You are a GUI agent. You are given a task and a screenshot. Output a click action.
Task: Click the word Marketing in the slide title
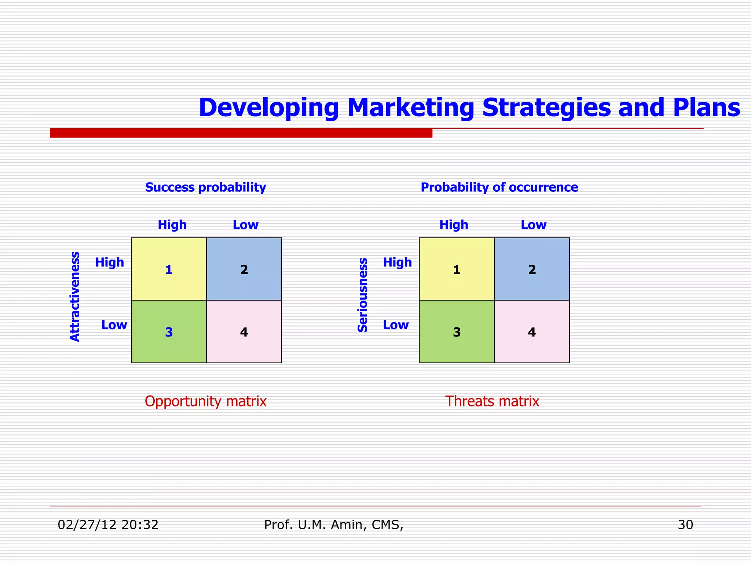pyautogui.click(x=410, y=108)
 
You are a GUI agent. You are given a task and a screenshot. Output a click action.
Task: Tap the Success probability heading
pyautogui.click(x=205, y=187)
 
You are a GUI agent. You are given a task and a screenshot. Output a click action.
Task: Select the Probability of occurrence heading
pyautogui.click(x=499, y=187)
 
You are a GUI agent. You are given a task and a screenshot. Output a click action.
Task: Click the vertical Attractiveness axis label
pyautogui.click(x=75, y=297)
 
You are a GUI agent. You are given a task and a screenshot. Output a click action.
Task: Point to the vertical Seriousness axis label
pyautogui.click(x=362, y=295)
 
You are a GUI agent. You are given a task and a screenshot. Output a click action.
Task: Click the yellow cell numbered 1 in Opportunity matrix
pyautogui.click(x=169, y=269)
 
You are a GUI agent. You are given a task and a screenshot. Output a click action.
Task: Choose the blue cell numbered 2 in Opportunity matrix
pyautogui.click(x=244, y=269)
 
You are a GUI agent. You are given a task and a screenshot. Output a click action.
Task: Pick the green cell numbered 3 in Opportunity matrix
pyautogui.click(x=169, y=332)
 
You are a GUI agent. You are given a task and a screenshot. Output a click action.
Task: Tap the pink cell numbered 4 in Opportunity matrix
pyautogui.click(x=244, y=332)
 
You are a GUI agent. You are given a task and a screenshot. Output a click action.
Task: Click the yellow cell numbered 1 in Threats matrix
pyautogui.click(x=457, y=269)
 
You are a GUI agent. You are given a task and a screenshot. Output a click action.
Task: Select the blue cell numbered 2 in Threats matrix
pyautogui.click(x=532, y=269)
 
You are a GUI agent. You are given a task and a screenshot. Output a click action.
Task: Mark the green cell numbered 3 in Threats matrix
pyautogui.click(x=457, y=332)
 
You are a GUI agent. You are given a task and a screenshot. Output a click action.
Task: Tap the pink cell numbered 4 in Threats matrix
pyautogui.click(x=532, y=332)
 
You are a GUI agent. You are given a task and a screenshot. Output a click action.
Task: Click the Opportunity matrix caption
pyautogui.click(x=205, y=401)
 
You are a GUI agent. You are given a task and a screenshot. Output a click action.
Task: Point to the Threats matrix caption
pyautogui.click(x=492, y=401)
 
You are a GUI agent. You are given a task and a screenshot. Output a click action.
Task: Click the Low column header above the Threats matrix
pyautogui.click(x=534, y=225)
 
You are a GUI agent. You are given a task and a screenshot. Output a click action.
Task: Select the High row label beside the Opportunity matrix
pyautogui.click(x=110, y=262)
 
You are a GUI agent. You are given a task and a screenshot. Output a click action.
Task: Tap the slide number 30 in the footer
pyautogui.click(x=685, y=525)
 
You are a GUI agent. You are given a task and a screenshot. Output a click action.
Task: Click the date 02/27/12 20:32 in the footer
pyautogui.click(x=108, y=525)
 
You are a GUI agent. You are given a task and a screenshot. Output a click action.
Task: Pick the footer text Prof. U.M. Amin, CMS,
pyautogui.click(x=334, y=525)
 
